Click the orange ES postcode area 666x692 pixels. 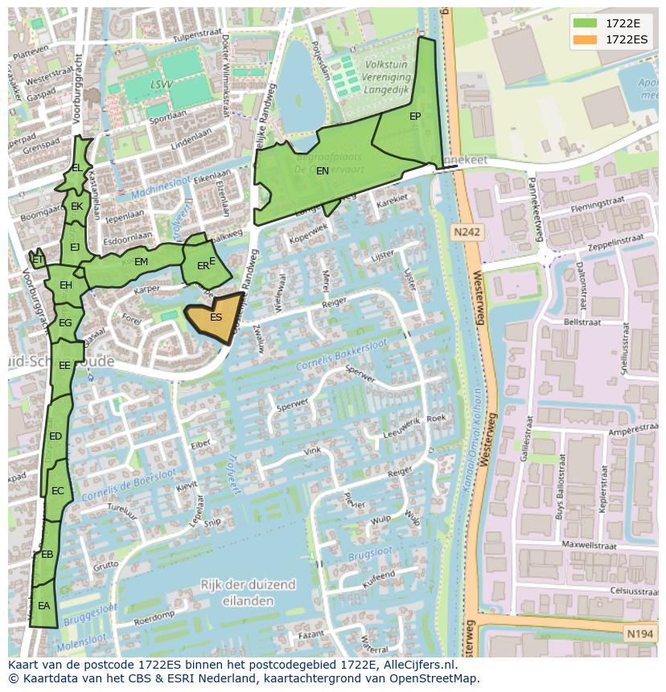point(214,318)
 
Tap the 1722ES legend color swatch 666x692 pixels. point(586,39)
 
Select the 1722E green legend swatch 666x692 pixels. point(586,23)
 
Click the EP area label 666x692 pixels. point(415,117)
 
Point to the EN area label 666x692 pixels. point(322,171)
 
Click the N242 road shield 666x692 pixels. point(467,232)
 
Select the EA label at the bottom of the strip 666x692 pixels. point(43,606)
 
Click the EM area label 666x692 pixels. point(141,262)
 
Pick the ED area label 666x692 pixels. point(55,436)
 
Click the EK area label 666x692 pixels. point(76,207)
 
